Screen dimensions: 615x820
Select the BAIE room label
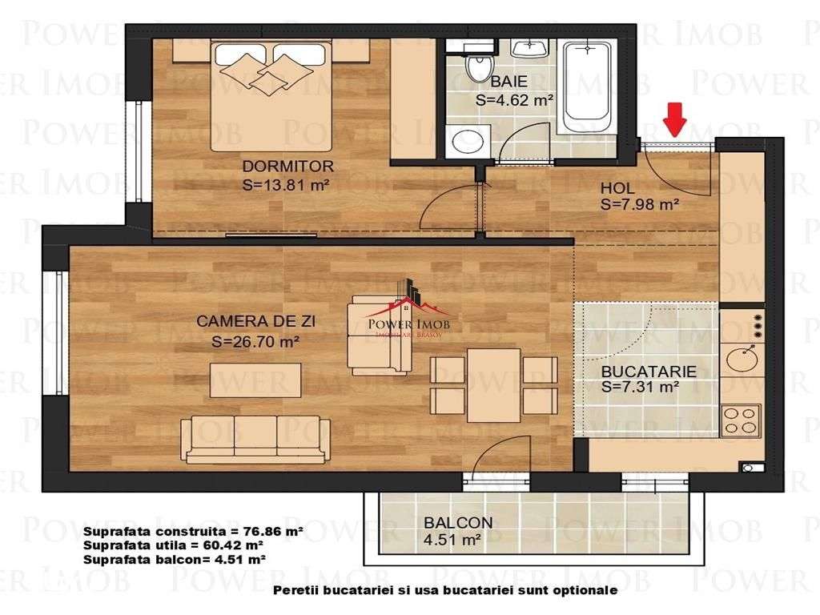[x=509, y=82]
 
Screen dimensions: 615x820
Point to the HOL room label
[x=617, y=188]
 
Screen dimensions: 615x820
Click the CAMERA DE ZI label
[x=255, y=322]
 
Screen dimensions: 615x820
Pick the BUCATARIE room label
[x=648, y=372]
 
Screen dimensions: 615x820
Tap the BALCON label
[x=458, y=523]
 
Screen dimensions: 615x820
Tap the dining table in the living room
[x=493, y=384]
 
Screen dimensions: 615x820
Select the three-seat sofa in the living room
[x=255, y=439]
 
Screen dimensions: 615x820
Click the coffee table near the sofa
[x=256, y=380]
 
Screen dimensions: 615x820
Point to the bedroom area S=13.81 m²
[x=287, y=185]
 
